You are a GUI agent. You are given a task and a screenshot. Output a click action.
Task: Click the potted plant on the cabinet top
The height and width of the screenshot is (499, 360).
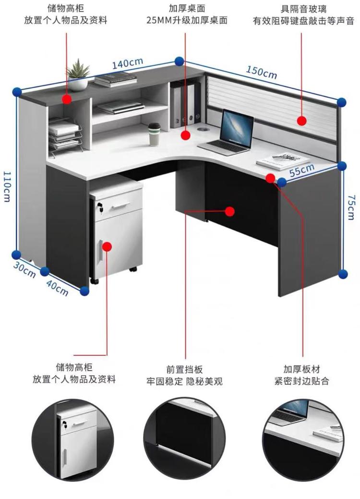(x=78, y=74)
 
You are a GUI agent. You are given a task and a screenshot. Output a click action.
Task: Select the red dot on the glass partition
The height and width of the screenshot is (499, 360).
(x=301, y=121)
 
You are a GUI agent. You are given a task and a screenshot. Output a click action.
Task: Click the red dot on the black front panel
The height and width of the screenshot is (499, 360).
(x=230, y=211)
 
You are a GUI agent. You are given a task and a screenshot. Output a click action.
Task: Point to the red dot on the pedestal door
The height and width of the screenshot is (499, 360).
(x=107, y=246)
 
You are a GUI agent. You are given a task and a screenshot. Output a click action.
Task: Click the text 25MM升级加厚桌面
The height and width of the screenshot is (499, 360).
(x=187, y=20)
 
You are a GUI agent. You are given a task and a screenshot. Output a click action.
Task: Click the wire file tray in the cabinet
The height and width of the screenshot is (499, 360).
(x=64, y=135)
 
